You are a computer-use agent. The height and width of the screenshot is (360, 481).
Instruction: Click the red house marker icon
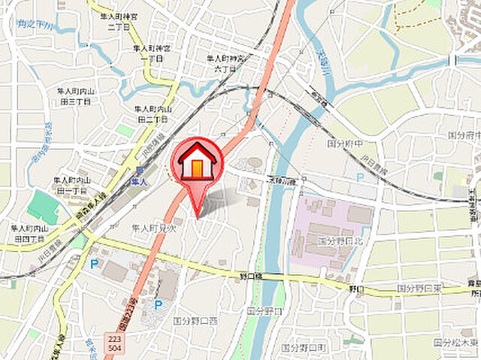pos(198,162)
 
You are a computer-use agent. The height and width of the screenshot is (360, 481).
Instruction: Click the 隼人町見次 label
pos(154,228)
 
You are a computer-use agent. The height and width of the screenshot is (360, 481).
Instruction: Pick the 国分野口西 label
pos(195,319)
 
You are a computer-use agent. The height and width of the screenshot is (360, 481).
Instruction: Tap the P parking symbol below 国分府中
pos(360,177)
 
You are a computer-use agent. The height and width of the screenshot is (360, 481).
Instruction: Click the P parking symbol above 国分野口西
pos(158,304)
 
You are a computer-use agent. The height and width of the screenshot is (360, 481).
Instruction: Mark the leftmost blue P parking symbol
pos(94,263)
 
